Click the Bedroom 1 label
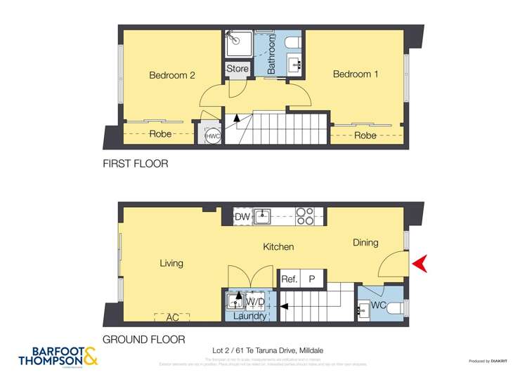point(356,74)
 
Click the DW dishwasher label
point(242,217)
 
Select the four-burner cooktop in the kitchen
point(305,216)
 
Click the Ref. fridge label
point(289,279)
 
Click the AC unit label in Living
point(172,317)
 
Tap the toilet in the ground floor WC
point(394,306)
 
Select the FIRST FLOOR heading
point(135,163)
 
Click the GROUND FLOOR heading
point(144,339)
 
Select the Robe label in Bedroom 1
point(365,135)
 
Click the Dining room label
point(365,243)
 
